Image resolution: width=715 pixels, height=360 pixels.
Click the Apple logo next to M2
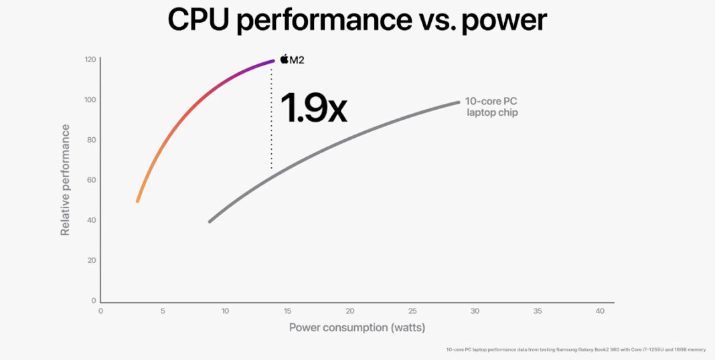tap(284, 60)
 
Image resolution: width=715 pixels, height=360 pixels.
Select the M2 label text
tap(297, 60)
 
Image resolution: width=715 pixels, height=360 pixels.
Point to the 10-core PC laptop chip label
tap(491, 106)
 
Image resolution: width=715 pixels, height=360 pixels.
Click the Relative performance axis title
tap(66, 179)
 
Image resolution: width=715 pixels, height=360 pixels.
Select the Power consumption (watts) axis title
tap(357, 327)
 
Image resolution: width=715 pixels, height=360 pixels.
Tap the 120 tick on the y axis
tap(90, 60)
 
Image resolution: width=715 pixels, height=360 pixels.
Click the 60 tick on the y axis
tap(92, 180)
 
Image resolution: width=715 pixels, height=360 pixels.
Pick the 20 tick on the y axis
tap(92, 260)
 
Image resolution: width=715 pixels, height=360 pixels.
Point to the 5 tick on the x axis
tap(163, 311)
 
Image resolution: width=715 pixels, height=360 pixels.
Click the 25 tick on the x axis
tap(412, 311)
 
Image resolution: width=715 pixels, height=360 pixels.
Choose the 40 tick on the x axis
tap(600, 311)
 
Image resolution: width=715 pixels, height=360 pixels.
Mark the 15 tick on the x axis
tap(288, 311)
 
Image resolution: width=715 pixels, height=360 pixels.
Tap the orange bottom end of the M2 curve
tap(138, 199)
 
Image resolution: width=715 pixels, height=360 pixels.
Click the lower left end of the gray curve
tap(211, 221)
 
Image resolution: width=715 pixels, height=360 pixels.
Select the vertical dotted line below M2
tap(271, 120)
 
